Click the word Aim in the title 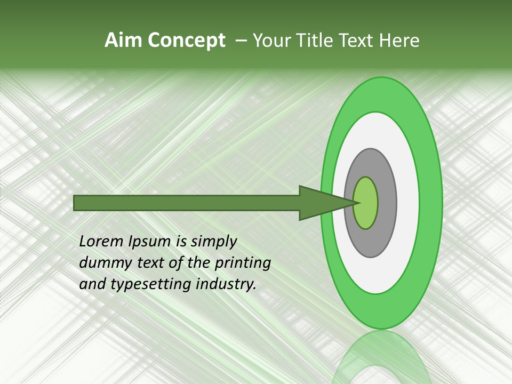(123, 41)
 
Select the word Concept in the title (186, 41)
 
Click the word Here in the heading (399, 41)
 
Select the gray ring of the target (386, 203)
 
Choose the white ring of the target (407, 203)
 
